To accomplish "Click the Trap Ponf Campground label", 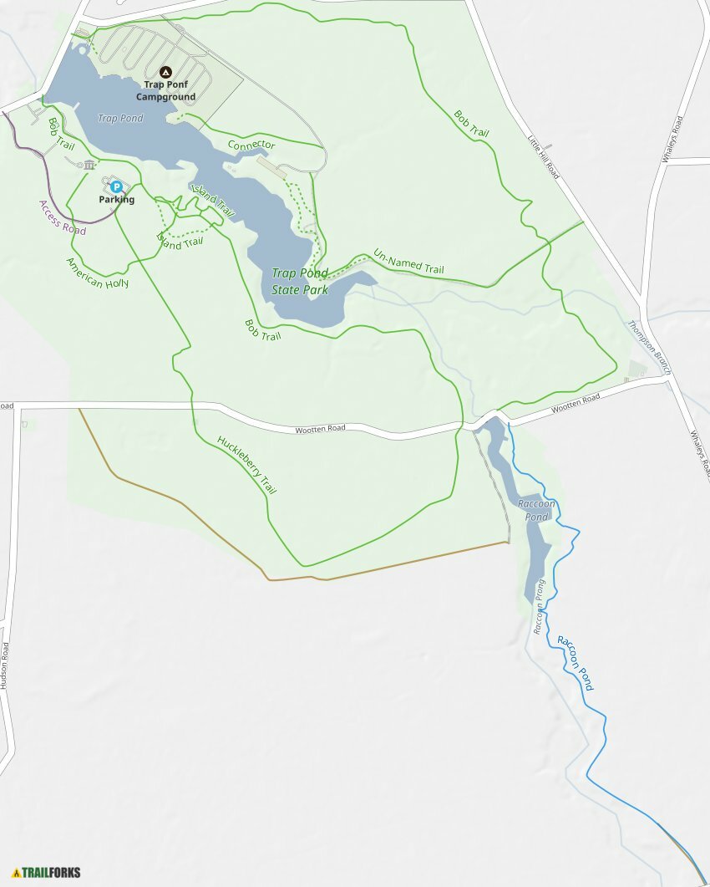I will [165, 91].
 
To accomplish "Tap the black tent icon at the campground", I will [165, 73].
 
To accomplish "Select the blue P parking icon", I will [116, 186].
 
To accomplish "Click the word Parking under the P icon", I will [116, 200].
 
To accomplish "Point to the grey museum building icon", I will [89, 165].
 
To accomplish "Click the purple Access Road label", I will [63, 217].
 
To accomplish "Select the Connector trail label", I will [251, 145].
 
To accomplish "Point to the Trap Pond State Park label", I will [300, 282].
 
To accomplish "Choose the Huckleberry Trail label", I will [246, 465].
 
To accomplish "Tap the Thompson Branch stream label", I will [650, 347].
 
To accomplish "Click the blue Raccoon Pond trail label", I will [576, 662].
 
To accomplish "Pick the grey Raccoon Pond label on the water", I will [536, 510].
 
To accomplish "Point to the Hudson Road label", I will [5, 665].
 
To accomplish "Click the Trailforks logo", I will [47, 873].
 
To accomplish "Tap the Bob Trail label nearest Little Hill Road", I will [471, 123].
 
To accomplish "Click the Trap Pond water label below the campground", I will [120, 119].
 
